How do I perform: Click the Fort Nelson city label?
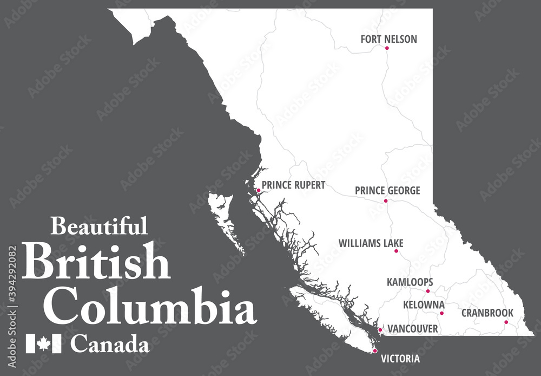pyautogui.click(x=388, y=39)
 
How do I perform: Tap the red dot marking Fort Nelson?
pyautogui.click(x=387, y=48)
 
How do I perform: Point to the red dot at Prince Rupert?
pyautogui.click(x=259, y=191)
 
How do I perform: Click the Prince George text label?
pyautogui.click(x=387, y=191)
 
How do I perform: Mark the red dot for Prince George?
pyautogui.click(x=386, y=200)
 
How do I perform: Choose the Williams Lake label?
pyautogui.click(x=371, y=244)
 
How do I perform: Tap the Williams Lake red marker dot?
pyautogui.click(x=396, y=251)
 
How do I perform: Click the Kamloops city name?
pyautogui.click(x=410, y=282)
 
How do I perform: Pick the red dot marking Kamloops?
pyautogui.click(x=427, y=291)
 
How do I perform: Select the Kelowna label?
pyautogui.click(x=424, y=305)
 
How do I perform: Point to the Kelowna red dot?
pyautogui.click(x=441, y=313)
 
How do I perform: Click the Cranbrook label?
pyautogui.click(x=487, y=313)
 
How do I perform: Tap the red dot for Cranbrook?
pyautogui.click(x=506, y=322)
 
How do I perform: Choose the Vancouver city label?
pyautogui.click(x=413, y=329)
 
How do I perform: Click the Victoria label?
pyautogui.click(x=400, y=359)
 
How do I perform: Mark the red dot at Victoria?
pyautogui.click(x=375, y=351)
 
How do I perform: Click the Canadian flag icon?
pyautogui.click(x=43, y=343)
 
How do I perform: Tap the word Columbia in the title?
pyautogui.click(x=150, y=307)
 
